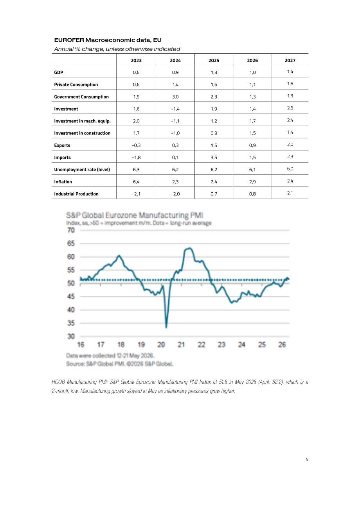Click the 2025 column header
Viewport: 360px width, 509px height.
point(214,61)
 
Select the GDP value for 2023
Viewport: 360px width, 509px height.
point(136,72)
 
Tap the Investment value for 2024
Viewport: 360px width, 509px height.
point(175,109)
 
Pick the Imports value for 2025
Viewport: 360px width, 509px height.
point(214,158)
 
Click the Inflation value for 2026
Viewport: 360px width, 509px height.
point(252,182)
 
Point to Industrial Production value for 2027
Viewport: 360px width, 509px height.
point(290,193)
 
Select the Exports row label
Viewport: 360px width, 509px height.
point(62,145)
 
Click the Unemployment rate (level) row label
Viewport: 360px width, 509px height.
point(82,170)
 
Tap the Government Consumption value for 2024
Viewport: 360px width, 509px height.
point(175,97)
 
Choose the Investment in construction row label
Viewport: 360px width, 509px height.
point(82,133)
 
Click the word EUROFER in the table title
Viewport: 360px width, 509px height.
point(69,40)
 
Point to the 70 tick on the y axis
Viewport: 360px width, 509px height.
point(71,230)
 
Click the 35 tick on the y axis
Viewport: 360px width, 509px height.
point(71,323)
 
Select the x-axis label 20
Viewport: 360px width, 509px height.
point(161,345)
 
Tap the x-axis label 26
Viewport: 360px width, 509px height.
point(282,345)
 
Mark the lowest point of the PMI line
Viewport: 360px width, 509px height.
point(166,328)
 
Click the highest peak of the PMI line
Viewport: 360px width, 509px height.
point(190,248)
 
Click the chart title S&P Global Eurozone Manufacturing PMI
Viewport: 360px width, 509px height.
point(135,215)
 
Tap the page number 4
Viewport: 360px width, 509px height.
point(307,459)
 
